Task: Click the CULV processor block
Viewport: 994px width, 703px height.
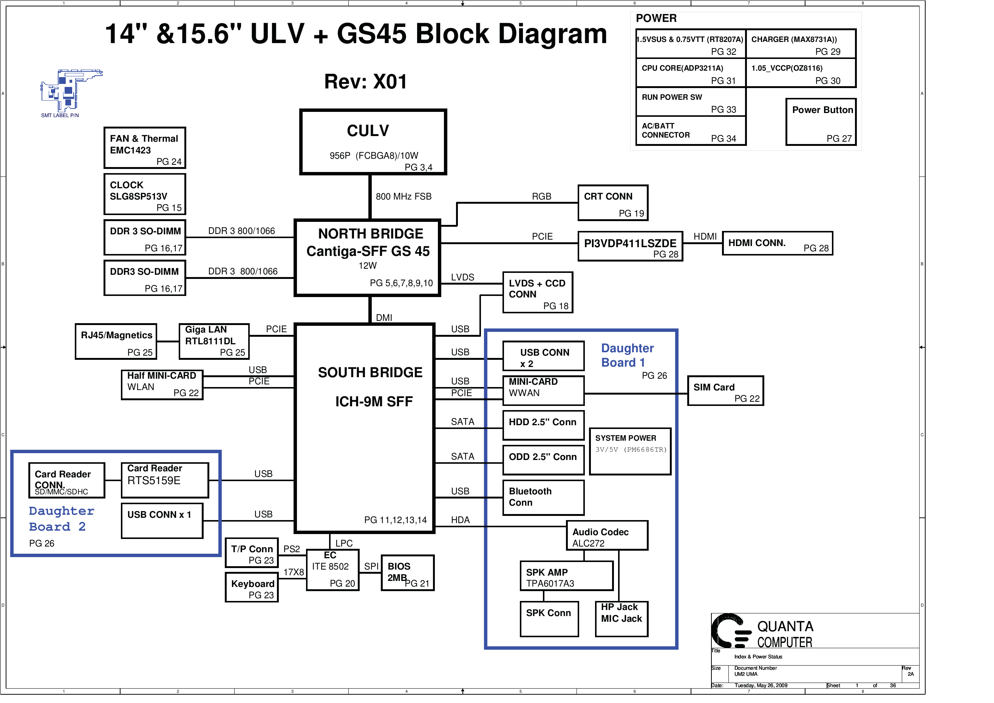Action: pos(373,142)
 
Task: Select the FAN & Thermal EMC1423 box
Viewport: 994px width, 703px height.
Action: pos(145,148)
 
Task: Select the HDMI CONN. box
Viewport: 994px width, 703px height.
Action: pos(777,243)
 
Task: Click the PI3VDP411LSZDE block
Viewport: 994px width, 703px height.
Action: pos(630,246)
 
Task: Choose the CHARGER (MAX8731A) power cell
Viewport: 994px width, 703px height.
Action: pos(801,44)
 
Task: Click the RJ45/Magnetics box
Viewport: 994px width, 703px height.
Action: pos(116,342)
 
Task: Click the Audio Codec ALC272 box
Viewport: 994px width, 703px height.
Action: pos(607,536)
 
